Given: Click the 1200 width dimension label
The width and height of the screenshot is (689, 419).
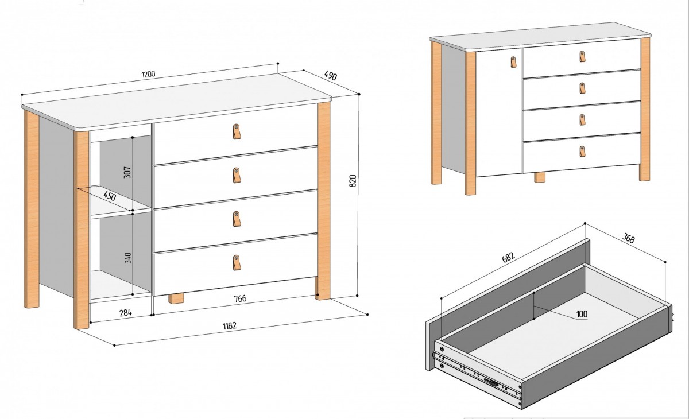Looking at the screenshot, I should coord(149,74).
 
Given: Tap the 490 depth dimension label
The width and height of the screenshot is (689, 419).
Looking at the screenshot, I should coord(330,75).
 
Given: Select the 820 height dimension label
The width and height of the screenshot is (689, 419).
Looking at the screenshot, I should coord(353,180).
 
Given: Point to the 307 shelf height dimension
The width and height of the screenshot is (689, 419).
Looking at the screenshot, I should coord(127,171).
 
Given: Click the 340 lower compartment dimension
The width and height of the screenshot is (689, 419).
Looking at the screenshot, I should coord(127,258).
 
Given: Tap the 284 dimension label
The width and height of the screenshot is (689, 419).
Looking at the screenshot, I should coord(126,313).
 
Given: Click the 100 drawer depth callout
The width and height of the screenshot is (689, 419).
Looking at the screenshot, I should coord(582,314).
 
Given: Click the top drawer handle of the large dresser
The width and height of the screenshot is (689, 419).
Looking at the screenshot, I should coord(237,131).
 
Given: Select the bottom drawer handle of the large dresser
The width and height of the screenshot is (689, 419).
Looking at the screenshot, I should coord(236,262).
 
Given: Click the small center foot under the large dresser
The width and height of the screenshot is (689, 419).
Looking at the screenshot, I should coord(176,298).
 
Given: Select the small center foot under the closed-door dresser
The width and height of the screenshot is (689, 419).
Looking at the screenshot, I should coord(539,177).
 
